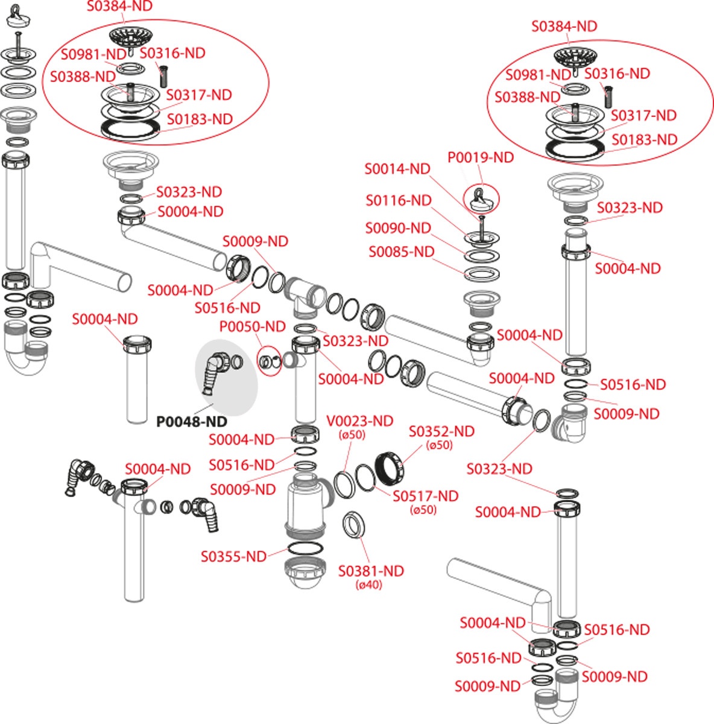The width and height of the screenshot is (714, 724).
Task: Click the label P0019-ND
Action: point(481,157)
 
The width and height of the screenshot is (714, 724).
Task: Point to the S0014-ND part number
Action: point(397,169)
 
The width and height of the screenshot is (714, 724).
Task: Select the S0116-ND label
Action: point(399,200)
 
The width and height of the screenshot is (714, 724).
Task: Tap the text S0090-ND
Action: point(398,228)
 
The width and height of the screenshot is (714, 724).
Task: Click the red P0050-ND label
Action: point(252,327)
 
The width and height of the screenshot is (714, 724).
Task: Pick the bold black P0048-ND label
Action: point(192,421)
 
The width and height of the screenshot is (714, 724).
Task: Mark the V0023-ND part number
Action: point(359,421)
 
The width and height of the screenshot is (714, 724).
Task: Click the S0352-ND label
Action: point(441,431)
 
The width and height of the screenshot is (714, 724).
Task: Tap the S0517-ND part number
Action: point(425,496)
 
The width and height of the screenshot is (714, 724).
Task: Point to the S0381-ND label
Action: point(371,571)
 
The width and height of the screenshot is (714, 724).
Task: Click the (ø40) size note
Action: point(369,585)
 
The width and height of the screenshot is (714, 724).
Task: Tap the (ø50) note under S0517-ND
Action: point(423,510)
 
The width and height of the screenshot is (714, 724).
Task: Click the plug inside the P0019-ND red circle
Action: point(481,199)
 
